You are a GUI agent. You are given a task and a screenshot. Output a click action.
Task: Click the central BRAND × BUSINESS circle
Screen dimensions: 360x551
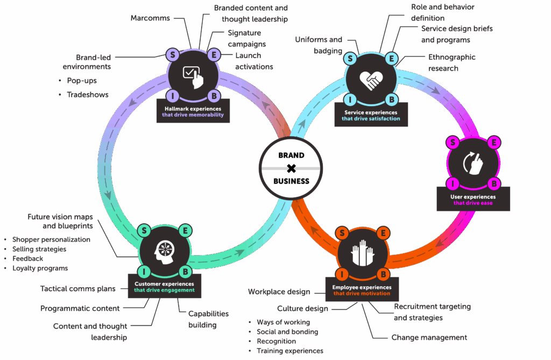click(291, 168)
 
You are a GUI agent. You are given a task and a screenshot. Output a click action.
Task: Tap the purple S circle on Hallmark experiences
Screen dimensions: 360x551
click(173, 54)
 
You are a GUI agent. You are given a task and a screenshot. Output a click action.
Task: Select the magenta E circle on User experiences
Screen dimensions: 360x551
click(495, 143)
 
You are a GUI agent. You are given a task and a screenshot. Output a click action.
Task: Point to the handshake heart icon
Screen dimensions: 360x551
click(371, 79)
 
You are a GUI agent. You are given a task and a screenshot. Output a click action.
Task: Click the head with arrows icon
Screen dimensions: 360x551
click(165, 250)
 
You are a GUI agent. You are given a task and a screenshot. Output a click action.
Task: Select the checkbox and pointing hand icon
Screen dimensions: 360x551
click(193, 77)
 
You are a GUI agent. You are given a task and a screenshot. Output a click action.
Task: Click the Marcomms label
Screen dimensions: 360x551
click(150, 18)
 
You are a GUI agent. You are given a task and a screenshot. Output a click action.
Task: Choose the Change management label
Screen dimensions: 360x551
click(429, 338)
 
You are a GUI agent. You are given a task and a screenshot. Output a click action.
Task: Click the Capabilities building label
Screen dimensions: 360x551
click(208, 319)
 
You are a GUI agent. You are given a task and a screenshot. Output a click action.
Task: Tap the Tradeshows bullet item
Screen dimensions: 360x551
click(88, 95)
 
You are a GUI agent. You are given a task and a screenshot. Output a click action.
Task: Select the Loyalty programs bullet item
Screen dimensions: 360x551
click(40, 268)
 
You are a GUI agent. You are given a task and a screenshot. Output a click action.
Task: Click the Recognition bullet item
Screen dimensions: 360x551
click(276, 341)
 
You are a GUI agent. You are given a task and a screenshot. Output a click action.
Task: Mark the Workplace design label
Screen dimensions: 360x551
click(279, 292)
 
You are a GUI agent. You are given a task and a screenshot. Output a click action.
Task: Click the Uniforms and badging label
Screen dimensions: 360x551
click(319, 45)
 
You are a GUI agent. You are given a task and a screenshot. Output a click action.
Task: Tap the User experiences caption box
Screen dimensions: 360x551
click(473, 200)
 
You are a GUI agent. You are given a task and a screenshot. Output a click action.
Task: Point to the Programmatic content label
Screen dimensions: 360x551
click(80, 309)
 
